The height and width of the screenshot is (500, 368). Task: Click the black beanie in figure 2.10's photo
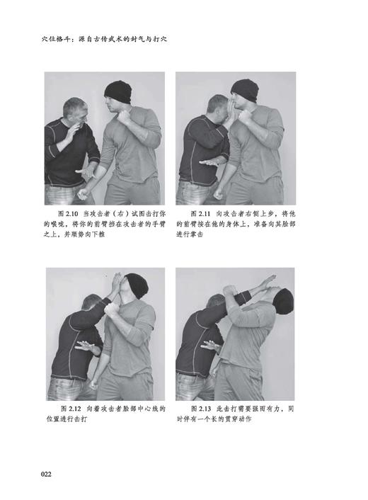click(117, 90)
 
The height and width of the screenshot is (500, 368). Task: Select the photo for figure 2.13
click(235, 334)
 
